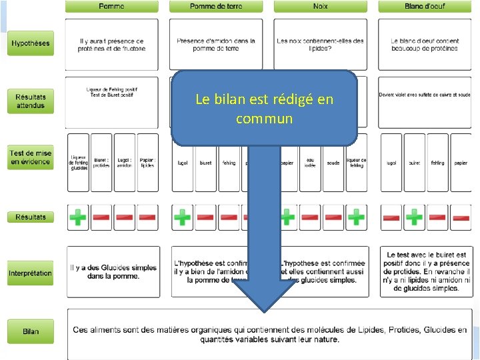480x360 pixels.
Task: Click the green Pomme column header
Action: [111, 7]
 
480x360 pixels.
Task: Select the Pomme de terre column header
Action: [216, 7]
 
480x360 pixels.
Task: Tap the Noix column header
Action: [320, 7]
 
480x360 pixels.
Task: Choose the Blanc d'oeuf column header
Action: [425, 7]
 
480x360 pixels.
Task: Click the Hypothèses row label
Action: [30, 44]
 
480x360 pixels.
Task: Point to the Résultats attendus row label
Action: [30, 101]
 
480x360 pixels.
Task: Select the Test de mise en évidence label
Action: [30, 158]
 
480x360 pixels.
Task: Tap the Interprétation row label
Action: [30, 273]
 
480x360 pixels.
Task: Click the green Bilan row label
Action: [30, 331]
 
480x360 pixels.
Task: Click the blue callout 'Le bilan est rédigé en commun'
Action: [264, 109]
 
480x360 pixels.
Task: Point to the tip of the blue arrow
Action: [265, 310]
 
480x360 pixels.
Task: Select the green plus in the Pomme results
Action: [78, 217]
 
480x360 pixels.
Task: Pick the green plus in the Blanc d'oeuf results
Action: [414, 217]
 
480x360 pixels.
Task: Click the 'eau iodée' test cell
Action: [310, 163]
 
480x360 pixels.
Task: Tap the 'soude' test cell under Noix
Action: [333, 163]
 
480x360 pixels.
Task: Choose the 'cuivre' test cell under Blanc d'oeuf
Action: [414, 163]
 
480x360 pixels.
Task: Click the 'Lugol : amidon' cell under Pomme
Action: [124, 163]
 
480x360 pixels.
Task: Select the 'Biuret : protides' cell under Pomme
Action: [101, 163]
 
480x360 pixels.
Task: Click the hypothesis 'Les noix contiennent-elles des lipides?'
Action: [320, 44]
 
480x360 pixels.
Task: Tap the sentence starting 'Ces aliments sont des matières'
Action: [270, 335]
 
